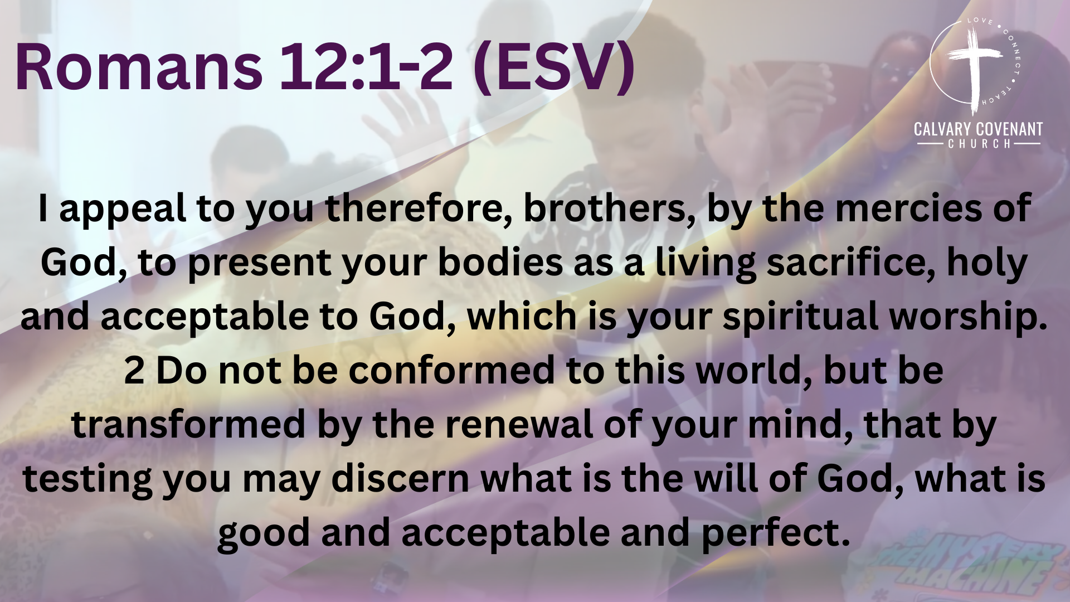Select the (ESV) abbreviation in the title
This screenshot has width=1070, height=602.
coord(553,68)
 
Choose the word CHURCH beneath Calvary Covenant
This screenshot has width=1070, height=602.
coord(979,144)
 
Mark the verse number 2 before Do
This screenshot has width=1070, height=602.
coord(134,371)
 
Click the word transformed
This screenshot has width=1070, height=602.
coord(188,424)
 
